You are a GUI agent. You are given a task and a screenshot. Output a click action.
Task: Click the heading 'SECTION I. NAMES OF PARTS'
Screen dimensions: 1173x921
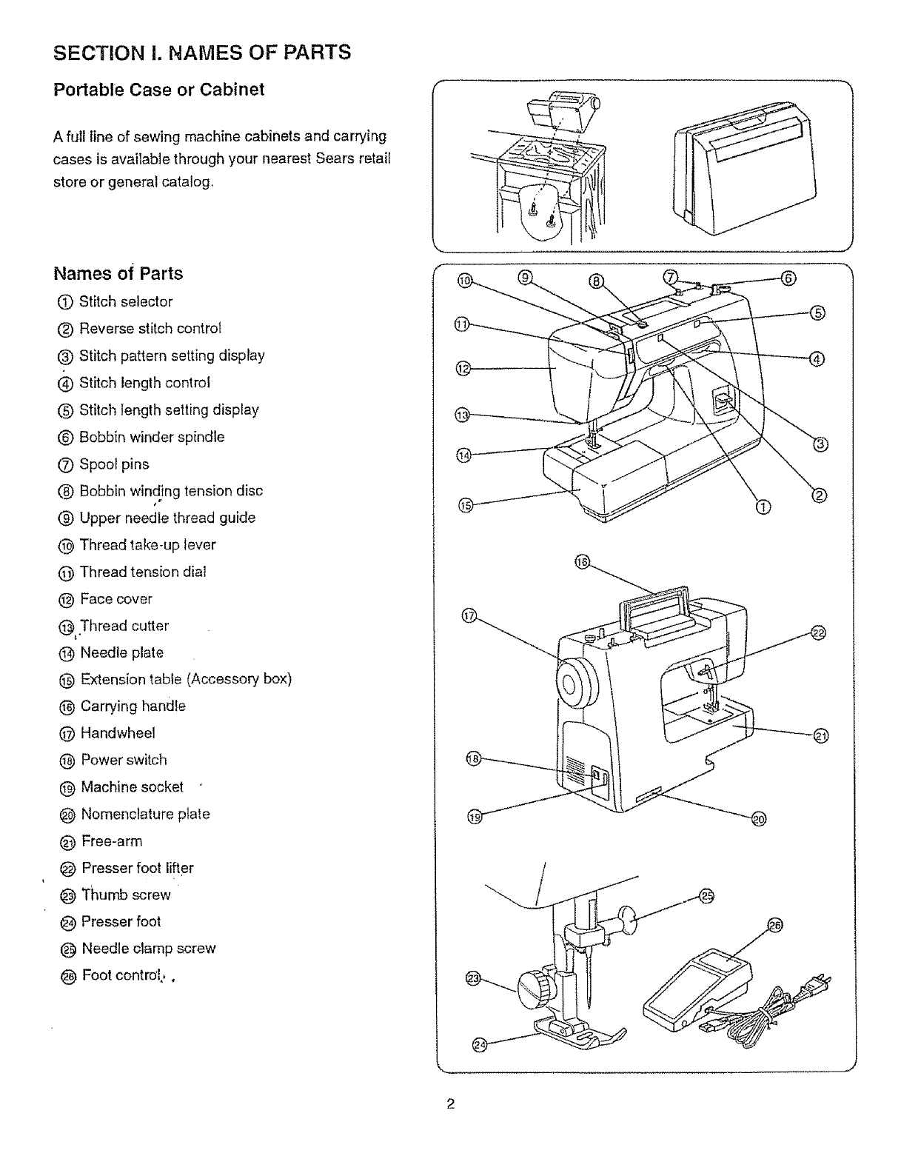click(202, 53)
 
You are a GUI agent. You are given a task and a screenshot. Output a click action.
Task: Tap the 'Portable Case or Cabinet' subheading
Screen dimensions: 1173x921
click(158, 90)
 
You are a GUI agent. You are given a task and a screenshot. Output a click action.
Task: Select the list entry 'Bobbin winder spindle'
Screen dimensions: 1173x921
click(151, 437)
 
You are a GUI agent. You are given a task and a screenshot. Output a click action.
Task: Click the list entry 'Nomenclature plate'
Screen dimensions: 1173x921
click(145, 814)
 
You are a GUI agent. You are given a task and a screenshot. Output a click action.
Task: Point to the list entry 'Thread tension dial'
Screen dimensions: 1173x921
click(142, 572)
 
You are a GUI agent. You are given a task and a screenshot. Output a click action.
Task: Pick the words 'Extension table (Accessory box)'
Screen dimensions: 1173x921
click(186, 679)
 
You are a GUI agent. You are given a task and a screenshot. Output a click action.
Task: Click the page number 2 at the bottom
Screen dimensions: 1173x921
click(450, 1105)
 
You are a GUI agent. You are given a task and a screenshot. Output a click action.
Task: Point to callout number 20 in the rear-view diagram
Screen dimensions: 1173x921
click(759, 818)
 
